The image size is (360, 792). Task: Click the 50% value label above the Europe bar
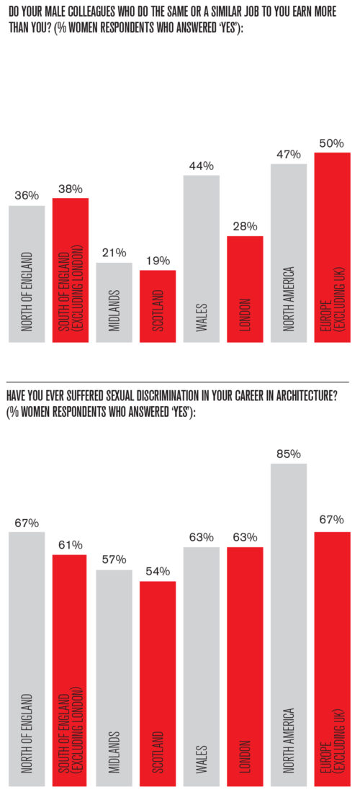(332, 143)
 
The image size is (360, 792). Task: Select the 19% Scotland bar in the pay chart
(158, 306)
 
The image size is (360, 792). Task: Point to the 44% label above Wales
(202, 166)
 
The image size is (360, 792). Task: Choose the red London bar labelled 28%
(245, 289)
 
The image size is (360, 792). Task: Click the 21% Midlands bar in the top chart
(114, 302)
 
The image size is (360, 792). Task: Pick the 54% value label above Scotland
(158, 572)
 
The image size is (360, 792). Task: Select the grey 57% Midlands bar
(114, 677)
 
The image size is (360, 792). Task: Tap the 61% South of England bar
(71, 670)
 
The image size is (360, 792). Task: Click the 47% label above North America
(288, 154)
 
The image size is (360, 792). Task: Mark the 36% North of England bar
(27, 274)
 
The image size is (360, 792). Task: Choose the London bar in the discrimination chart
(245, 666)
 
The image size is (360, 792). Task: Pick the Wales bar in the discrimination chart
(202, 666)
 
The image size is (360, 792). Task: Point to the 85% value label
(288, 454)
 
